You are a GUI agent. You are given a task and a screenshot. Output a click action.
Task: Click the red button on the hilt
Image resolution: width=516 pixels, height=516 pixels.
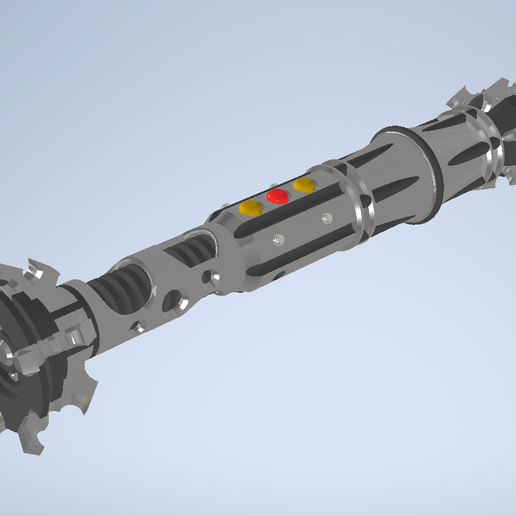pos(278,197)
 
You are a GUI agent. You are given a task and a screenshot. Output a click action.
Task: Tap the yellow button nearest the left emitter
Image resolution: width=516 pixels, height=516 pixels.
pos(250,208)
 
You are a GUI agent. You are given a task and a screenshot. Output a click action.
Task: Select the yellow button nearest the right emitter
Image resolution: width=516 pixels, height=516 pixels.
pos(304,185)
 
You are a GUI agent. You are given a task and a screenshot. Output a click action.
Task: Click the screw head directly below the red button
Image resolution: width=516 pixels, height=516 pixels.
pos(279,238)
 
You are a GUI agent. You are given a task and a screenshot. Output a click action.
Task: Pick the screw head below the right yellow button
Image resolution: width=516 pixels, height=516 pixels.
pos(327,217)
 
